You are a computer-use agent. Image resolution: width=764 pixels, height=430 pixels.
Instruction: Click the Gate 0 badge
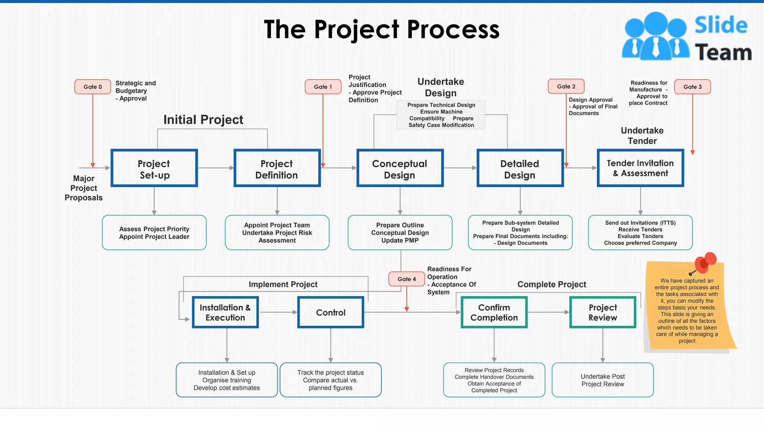coord(93,87)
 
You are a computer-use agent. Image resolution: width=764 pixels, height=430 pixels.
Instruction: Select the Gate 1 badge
coord(323,87)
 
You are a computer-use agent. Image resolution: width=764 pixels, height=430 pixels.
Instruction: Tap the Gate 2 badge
coord(566,86)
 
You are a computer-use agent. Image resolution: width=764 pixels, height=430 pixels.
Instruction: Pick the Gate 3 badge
coord(692,87)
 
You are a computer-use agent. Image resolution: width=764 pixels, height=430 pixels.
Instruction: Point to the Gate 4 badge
coord(407,279)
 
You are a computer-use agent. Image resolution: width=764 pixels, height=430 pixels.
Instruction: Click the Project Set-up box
coord(154,168)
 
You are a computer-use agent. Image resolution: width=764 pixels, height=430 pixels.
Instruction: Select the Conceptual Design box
coord(400,168)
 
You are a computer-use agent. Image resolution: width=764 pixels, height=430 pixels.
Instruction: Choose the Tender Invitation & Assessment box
coord(640,168)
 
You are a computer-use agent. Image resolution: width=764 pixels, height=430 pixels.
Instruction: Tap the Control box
coord(331,312)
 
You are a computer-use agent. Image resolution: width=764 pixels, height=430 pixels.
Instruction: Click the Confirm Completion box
coord(494,312)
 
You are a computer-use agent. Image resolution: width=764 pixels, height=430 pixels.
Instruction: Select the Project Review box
coord(602,312)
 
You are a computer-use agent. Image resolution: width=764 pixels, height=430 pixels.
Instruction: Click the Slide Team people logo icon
coord(655,36)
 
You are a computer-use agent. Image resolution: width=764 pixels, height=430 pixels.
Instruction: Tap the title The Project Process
coord(381,29)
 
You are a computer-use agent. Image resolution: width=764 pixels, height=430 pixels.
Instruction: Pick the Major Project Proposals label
coord(84,188)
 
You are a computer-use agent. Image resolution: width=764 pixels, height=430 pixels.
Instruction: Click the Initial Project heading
coord(203,120)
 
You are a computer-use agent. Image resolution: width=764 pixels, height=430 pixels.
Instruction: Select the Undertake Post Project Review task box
coord(602,380)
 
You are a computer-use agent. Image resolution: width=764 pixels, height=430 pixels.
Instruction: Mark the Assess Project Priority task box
coord(154,233)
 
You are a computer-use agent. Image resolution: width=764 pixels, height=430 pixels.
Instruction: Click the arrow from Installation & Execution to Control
coord(278,312)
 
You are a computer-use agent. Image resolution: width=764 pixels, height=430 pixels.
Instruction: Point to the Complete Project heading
coord(552,284)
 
